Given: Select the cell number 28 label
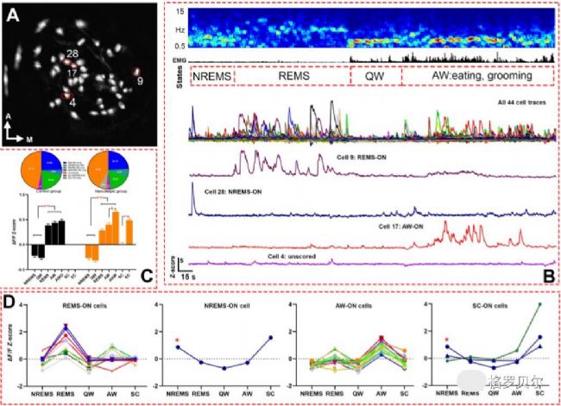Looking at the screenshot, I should point(72,54).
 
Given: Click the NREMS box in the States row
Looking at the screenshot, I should point(210,76).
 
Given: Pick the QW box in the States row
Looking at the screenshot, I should point(374,76).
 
